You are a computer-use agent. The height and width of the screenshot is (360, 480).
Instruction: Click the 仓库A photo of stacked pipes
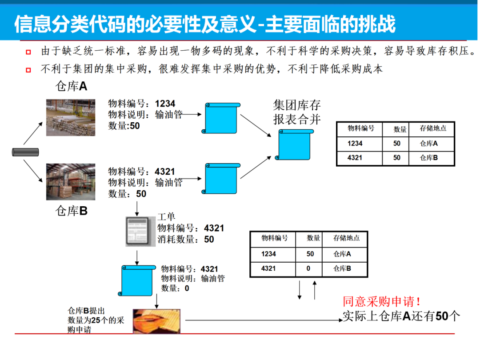71,117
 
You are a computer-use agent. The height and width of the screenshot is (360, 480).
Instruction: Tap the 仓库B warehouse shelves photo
71,182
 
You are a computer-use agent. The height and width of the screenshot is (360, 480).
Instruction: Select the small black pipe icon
25,152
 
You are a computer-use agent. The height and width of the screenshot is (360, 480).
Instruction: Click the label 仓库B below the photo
71,211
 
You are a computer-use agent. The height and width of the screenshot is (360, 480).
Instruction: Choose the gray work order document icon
136,232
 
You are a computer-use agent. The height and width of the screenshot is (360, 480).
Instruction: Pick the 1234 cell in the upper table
355,144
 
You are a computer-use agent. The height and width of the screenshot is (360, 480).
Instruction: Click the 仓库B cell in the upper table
429,158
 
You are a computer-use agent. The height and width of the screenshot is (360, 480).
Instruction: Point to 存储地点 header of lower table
347,238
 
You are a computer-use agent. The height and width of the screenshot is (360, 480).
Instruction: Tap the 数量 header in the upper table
400,129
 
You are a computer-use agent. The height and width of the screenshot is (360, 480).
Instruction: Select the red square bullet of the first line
29,52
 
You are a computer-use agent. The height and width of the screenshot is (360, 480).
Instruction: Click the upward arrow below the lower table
315,289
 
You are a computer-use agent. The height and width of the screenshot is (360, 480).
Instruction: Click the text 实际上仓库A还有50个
401,316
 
